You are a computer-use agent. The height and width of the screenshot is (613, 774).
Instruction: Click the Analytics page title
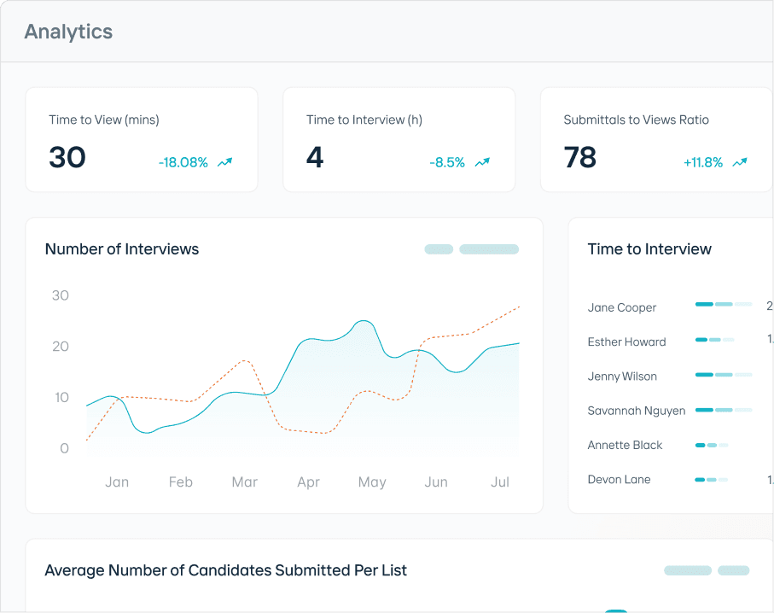click(x=68, y=32)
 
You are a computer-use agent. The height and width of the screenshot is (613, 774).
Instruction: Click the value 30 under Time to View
click(x=67, y=158)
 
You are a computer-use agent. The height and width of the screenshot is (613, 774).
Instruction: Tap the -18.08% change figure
click(x=183, y=162)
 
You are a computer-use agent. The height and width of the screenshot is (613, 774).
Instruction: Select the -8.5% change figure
click(x=447, y=162)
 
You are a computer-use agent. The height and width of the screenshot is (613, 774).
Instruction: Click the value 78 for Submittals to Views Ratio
click(x=580, y=158)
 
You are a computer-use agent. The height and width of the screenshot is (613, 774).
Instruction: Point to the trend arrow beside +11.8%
click(x=740, y=162)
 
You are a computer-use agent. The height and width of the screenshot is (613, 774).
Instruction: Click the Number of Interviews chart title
click(x=122, y=249)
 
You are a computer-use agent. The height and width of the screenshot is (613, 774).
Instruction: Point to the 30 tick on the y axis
click(x=61, y=295)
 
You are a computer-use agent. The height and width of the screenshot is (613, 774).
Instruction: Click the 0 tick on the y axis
click(x=65, y=448)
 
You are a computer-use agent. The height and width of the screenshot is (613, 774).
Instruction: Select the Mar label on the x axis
click(x=244, y=482)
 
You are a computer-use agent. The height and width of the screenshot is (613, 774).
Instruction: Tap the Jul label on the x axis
click(x=500, y=482)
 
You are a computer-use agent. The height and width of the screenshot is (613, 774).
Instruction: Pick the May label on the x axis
click(x=372, y=482)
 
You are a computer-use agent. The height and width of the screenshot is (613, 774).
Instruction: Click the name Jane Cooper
click(x=622, y=307)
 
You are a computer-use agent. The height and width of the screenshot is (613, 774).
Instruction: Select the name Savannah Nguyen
click(x=637, y=411)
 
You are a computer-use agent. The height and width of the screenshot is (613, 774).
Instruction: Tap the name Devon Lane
click(x=620, y=479)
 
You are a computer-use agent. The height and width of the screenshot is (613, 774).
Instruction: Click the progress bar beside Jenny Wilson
click(x=724, y=375)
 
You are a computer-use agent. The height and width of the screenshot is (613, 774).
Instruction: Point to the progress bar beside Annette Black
click(x=712, y=445)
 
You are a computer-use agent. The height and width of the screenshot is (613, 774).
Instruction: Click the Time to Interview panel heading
click(x=649, y=249)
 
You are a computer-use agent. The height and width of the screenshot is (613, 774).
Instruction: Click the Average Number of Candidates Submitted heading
click(x=225, y=570)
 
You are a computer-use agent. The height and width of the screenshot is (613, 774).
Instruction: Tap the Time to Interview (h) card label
click(x=364, y=120)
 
